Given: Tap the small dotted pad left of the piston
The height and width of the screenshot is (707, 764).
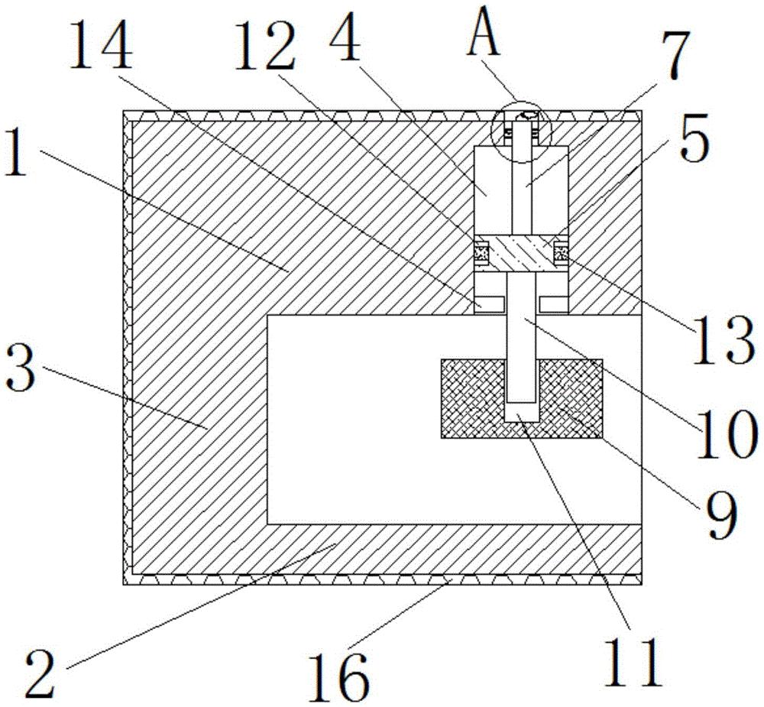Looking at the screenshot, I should (x=482, y=251).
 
